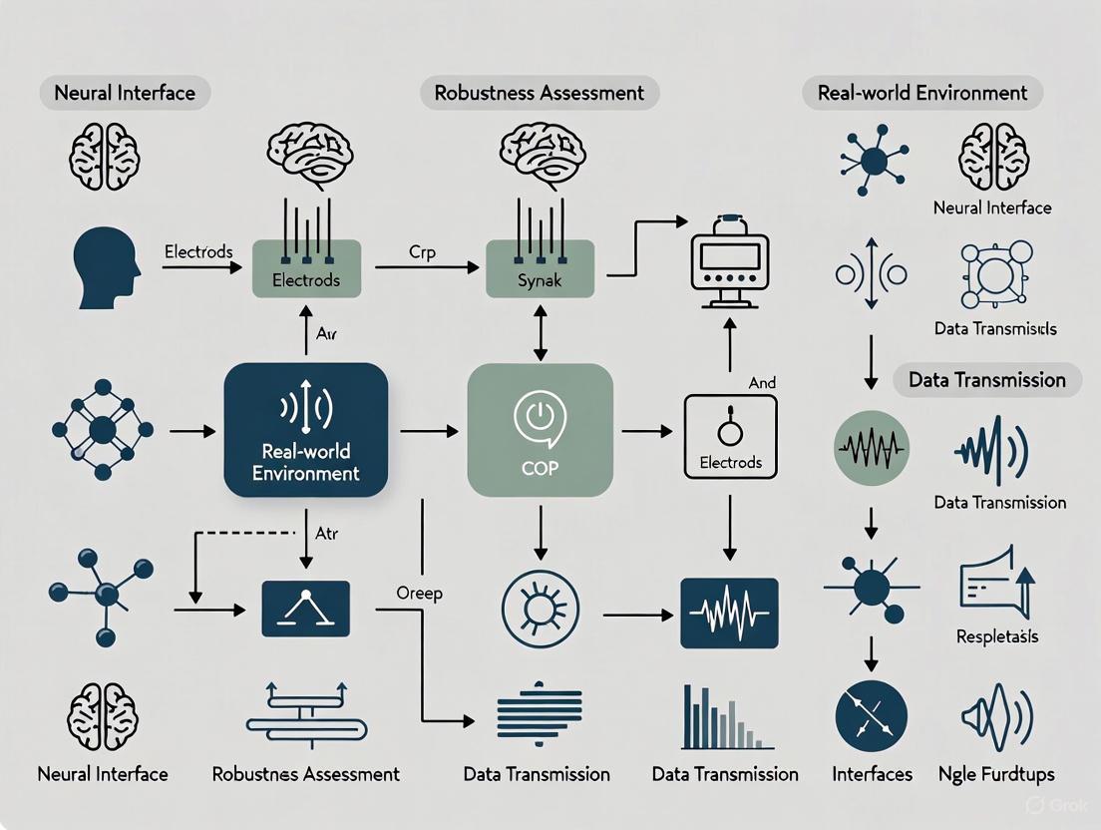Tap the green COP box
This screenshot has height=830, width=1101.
pyautogui.click(x=540, y=430)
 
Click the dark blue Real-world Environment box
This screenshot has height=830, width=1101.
pyautogui.click(x=305, y=430)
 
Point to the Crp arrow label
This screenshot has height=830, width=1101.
pyautogui.click(x=424, y=252)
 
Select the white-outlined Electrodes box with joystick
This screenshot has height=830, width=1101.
pyautogui.click(x=730, y=434)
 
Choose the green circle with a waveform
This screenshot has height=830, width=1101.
pyautogui.click(x=871, y=449)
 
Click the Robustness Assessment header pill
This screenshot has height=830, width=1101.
pyautogui.click(x=540, y=94)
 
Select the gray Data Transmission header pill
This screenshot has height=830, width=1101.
pyautogui.click(x=986, y=379)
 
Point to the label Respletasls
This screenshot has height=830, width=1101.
pyautogui.click(x=997, y=636)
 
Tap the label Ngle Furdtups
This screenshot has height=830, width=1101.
pyautogui.click(x=997, y=774)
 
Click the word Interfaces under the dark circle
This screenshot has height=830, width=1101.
pyautogui.click(x=872, y=774)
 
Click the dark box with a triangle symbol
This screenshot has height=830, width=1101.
pyautogui.click(x=305, y=609)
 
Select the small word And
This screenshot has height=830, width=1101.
pyautogui.click(x=761, y=382)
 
